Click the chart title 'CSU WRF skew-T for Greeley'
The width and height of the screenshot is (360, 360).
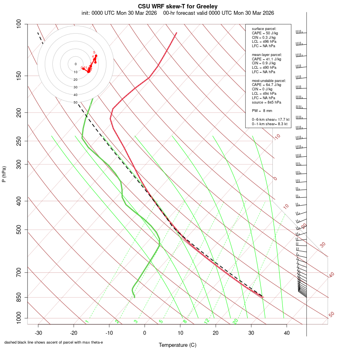(x=178, y=6)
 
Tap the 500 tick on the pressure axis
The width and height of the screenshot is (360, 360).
(x=19, y=230)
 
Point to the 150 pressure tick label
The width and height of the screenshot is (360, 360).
(x=19, y=76)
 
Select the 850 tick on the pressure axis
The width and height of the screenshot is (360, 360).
(x=19, y=297)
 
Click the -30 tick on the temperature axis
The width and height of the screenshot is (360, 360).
(x=38, y=333)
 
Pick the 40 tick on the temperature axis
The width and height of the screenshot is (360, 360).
(x=287, y=333)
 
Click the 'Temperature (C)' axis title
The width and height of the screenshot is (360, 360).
(x=178, y=345)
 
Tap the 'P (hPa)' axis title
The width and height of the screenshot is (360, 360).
(x=4, y=174)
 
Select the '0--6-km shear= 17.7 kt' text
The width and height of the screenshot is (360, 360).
(x=270, y=120)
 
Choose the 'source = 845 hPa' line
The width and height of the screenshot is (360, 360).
(x=266, y=102)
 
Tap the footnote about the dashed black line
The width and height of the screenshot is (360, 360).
(x=54, y=342)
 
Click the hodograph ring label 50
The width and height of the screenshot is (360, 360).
(x=75, y=102)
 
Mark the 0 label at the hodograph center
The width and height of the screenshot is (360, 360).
(x=75, y=64)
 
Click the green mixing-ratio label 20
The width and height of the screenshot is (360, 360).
(x=235, y=321)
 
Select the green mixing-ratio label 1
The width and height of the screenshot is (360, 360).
(x=87, y=322)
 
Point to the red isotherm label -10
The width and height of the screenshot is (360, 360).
(x=276, y=137)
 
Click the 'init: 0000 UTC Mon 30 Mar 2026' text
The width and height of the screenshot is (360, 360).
(x=119, y=13)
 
